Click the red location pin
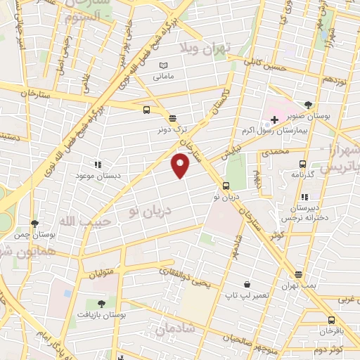(181, 165)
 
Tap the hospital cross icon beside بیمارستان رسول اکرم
(274, 120)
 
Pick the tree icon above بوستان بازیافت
(101, 304)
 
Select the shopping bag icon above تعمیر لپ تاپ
(246, 284)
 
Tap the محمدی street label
(275, 150)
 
